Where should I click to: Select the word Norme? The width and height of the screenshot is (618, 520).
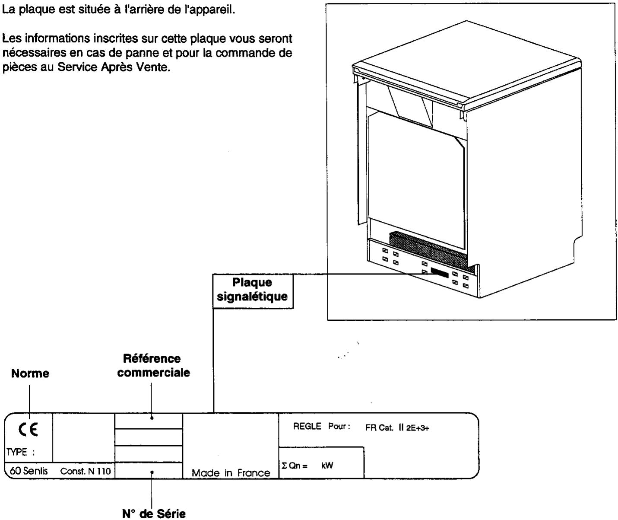(x=30, y=374)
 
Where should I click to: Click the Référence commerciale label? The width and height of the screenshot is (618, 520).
(x=153, y=366)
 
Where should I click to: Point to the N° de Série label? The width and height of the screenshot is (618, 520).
(x=153, y=514)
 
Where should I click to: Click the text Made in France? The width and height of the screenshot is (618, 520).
(x=231, y=473)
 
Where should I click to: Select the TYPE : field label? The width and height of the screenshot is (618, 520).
(x=19, y=452)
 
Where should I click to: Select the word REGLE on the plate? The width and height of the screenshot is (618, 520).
(x=307, y=427)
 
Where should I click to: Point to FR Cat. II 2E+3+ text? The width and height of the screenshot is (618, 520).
(x=397, y=427)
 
